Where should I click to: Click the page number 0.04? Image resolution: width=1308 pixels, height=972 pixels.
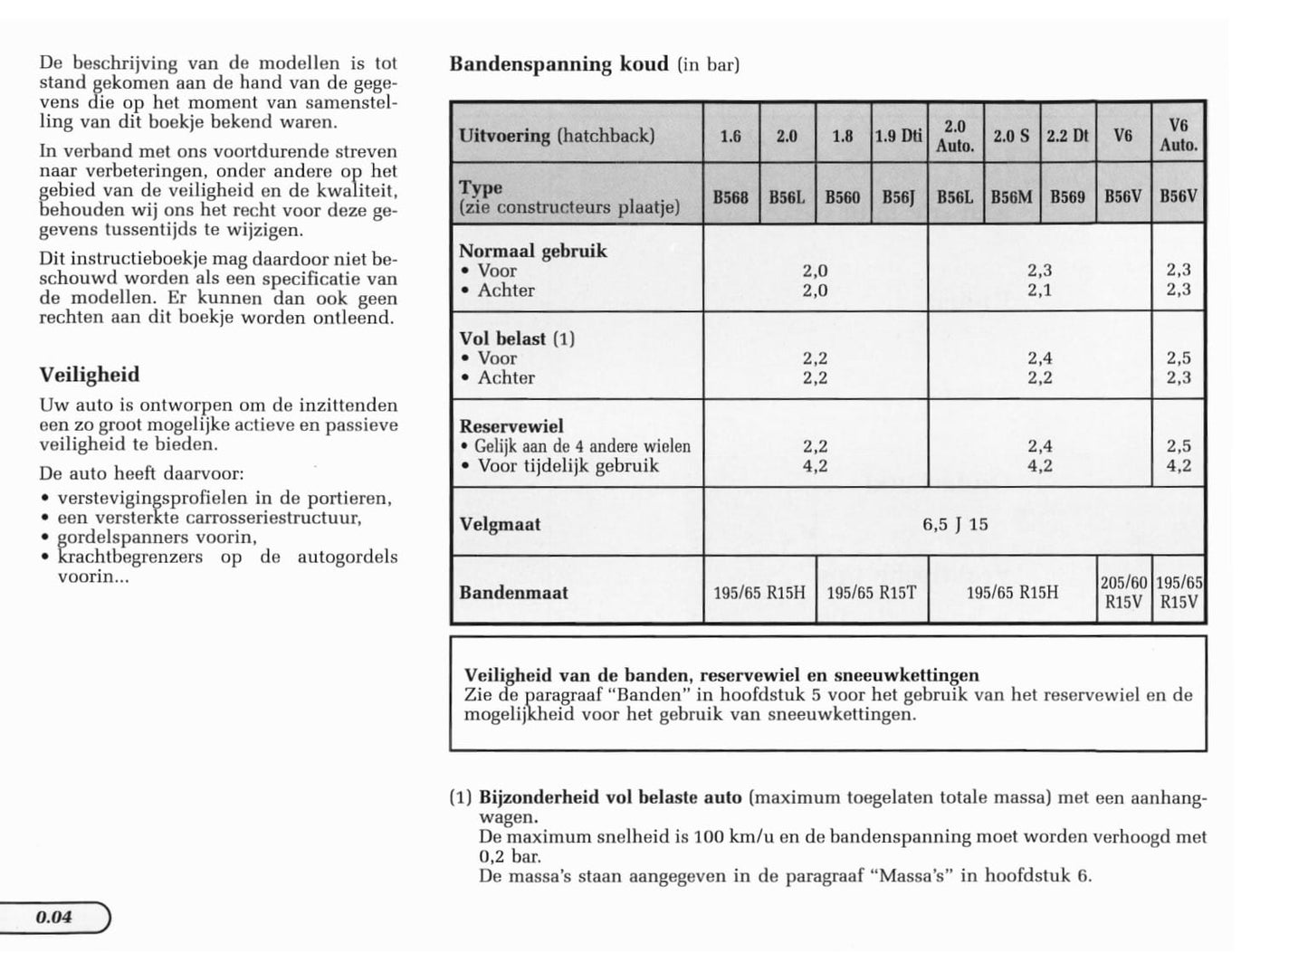(x=54, y=917)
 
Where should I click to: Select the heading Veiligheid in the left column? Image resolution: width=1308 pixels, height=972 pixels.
(x=90, y=375)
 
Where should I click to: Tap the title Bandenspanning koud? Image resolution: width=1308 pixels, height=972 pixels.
(x=559, y=64)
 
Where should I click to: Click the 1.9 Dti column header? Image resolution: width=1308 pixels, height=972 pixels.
(x=898, y=136)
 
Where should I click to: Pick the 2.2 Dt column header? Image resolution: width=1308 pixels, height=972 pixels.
(x=1067, y=136)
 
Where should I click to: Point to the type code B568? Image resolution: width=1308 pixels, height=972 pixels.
(x=730, y=196)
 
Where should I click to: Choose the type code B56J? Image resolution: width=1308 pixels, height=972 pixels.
(x=898, y=196)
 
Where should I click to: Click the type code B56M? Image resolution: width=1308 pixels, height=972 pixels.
(x=1011, y=196)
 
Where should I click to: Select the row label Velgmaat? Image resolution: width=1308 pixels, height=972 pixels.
(x=500, y=524)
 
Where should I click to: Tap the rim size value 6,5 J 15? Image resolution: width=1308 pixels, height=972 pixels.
(x=955, y=524)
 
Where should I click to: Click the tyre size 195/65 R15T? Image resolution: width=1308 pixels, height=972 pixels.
(x=872, y=593)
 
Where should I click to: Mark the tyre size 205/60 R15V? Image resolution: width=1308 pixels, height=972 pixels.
(x=1123, y=593)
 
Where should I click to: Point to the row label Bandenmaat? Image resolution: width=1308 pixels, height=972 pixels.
(x=513, y=593)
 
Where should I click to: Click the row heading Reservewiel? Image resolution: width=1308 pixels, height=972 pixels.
(x=511, y=426)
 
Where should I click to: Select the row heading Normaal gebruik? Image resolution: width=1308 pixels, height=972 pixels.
(x=533, y=251)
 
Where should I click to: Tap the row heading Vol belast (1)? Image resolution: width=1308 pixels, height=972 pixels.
(x=517, y=338)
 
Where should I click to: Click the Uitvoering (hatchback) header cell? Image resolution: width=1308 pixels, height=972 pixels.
(x=556, y=136)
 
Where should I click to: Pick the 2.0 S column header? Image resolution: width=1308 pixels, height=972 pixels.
(x=1011, y=136)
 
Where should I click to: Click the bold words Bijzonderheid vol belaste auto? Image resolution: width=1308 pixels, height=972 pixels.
(x=610, y=797)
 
